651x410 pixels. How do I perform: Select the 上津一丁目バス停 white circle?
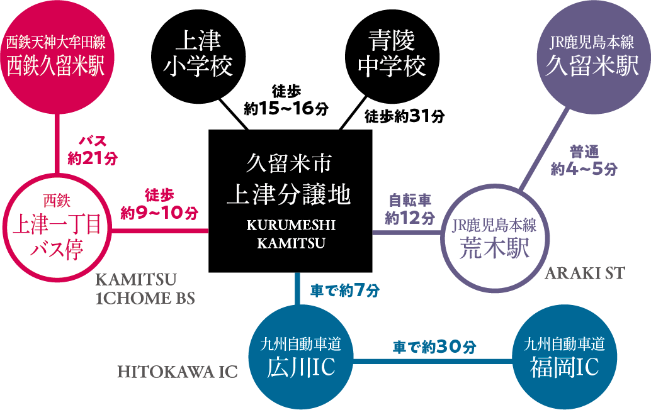click(x=57, y=226)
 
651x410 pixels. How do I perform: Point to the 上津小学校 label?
click(x=198, y=54)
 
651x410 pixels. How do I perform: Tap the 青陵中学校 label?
click(x=392, y=54)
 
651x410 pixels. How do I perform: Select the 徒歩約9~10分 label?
click(x=159, y=204)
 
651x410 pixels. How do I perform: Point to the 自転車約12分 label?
click(x=409, y=209)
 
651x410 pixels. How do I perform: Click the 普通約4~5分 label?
click(x=584, y=160)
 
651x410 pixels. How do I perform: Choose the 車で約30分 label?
click(x=434, y=346)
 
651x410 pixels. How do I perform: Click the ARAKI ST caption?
click(x=584, y=274)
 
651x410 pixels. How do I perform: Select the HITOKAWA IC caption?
click(x=178, y=372)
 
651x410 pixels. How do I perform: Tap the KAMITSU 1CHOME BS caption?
click(x=144, y=289)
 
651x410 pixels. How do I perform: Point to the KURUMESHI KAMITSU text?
click(x=291, y=234)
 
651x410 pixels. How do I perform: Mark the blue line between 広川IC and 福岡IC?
click(x=434, y=361)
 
